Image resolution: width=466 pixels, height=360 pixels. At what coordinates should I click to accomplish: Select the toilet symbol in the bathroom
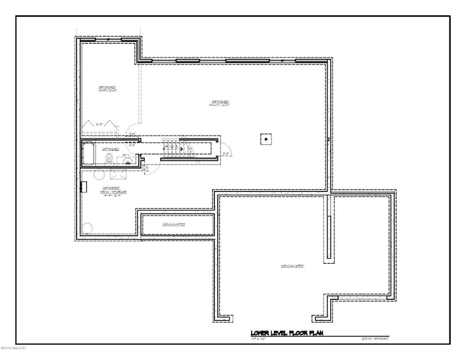(109, 158)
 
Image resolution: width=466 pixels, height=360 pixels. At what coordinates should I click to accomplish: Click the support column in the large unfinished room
(266, 139)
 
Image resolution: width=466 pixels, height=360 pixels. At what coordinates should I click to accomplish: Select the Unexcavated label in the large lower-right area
(293, 266)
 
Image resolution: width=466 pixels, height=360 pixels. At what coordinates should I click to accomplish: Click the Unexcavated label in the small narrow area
(173, 225)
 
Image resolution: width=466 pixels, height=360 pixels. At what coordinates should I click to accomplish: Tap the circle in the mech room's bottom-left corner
(88, 229)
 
